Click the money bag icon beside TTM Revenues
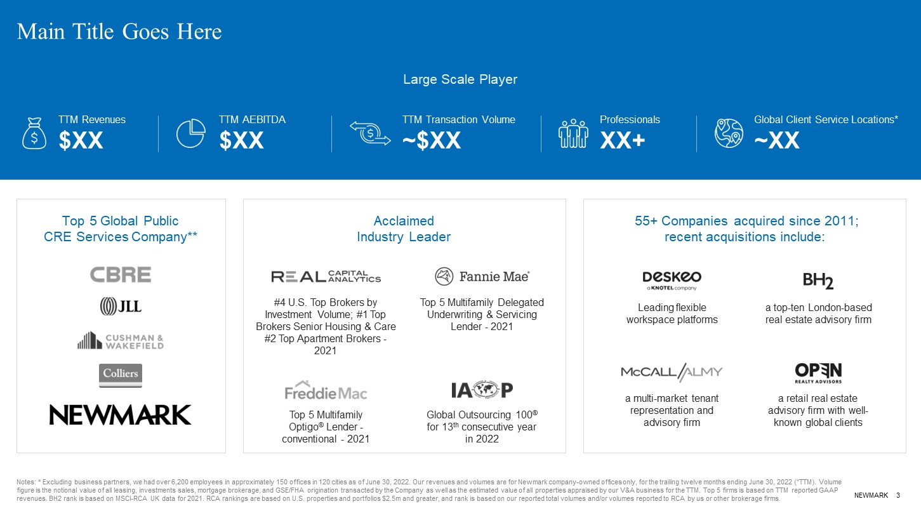tap(34, 133)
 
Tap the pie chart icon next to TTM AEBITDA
tap(191, 133)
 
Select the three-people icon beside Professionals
tap(573, 133)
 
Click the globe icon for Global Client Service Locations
tap(729, 133)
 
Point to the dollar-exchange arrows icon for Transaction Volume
tap(370, 133)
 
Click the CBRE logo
tap(121, 275)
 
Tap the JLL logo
tap(121, 306)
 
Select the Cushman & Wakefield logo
tap(121, 341)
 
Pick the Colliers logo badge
tap(121, 375)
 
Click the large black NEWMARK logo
tap(120, 415)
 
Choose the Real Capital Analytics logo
tap(326, 276)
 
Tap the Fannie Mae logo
tap(482, 276)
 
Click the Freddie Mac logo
tap(326, 390)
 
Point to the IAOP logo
tap(482, 390)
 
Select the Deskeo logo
tap(672, 281)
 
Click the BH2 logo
tap(818, 281)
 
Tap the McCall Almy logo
tap(672, 372)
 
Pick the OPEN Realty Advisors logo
tap(818, 373)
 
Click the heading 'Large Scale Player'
tap(460, 79)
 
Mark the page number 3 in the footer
tap(898, 495)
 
